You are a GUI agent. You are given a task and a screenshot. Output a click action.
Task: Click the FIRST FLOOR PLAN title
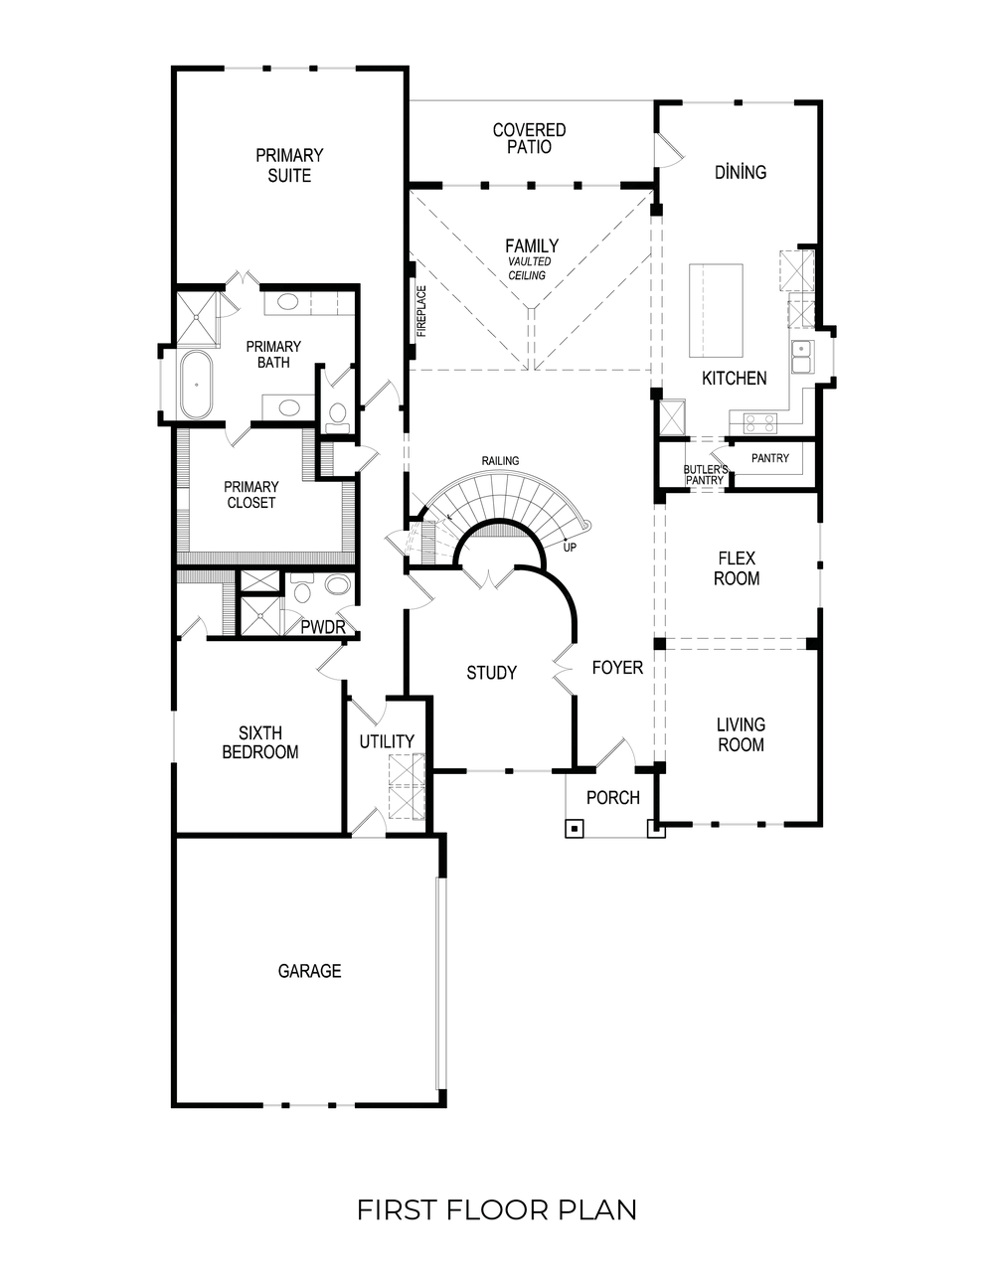tap(496, 1209)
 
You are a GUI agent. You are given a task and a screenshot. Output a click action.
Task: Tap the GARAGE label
tap(309, 971)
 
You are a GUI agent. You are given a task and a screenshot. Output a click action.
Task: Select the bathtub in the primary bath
tap(195, 384)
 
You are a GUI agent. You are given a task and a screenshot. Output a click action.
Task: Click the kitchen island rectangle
tap(717, 312)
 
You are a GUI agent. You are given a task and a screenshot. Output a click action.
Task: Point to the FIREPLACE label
tap(421, 312)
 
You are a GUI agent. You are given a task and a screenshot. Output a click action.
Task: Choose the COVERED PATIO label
tap(529, 138)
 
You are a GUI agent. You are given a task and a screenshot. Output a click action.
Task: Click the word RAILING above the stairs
tap(500, 461)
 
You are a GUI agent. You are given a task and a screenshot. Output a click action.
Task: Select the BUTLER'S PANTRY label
tap(706, 475)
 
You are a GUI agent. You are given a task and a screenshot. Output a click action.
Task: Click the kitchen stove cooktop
tap(760, 423)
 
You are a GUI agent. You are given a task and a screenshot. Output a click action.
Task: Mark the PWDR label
tap(322, 627)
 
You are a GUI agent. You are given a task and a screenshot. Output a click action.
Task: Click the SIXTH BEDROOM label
tap(259, 743)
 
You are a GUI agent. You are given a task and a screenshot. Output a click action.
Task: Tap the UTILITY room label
tap(387, 741)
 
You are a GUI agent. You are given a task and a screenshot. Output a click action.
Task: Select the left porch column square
tap(575, 828)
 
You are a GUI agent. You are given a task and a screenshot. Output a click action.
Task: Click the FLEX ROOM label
tap(737, 568)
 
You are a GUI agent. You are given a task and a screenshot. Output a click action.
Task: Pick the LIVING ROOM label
tap(741, 734)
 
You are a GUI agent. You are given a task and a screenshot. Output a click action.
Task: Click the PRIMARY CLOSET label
tap(250, 495)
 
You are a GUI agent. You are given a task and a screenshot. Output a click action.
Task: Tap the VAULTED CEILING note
tap(529, 268)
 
